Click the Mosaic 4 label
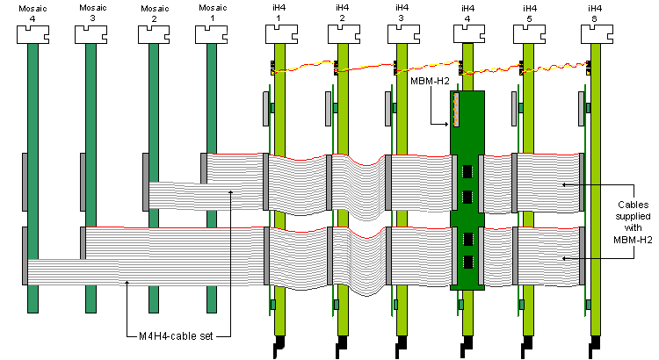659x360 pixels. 31,12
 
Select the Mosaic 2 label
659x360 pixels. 150,12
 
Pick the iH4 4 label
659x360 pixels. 467,12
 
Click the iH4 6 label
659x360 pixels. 595,12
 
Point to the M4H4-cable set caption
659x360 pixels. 175,334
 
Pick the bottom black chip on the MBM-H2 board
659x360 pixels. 468,262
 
